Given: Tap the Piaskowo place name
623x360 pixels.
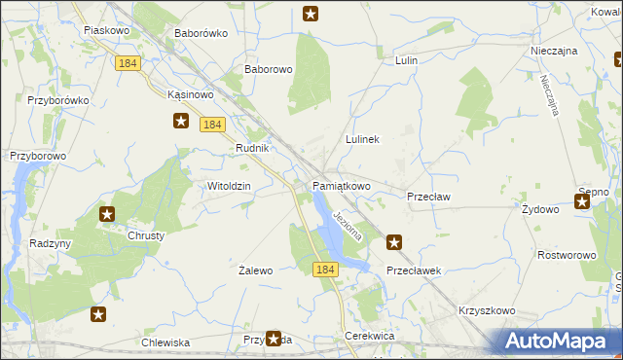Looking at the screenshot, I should point(107,30).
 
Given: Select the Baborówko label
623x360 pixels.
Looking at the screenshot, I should point(201,33).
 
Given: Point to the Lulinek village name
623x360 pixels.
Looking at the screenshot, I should point(362,139).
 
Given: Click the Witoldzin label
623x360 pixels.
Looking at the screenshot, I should point(230,186).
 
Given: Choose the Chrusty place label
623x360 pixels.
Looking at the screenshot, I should point(146,235).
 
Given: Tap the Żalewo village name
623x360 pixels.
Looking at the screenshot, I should point(256,270).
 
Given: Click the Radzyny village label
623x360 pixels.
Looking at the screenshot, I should point(51,243).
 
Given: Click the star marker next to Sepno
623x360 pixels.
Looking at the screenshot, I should point(582,201).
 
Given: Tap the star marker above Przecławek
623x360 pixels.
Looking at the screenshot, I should point(394,242).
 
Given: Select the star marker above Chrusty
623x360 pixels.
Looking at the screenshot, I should point(107,214).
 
